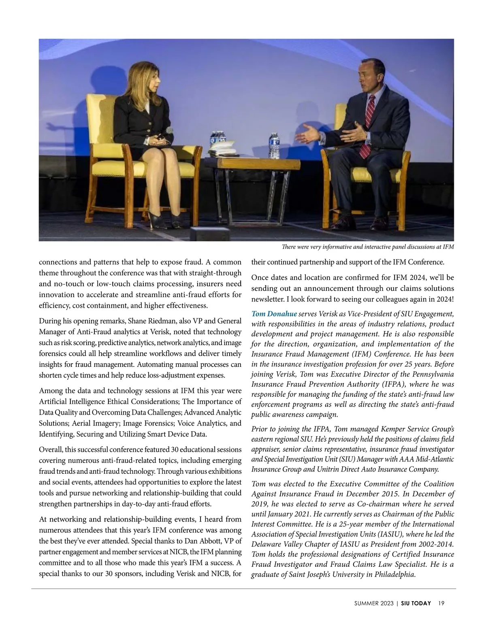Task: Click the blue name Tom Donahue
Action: pos(274,314)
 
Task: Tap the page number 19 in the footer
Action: pos(441,603)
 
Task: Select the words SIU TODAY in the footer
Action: pos(416,603)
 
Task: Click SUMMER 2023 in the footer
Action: pos(373,603)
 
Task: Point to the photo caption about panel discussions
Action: pos(367,247)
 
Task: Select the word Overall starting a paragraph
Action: pos(51,450)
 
